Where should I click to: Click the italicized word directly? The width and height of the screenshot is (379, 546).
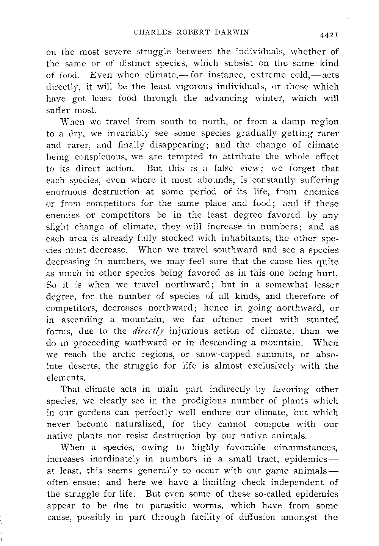(x=149, y=331)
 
